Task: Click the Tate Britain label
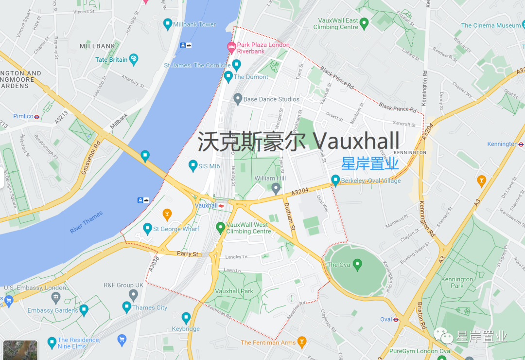click(111, 60)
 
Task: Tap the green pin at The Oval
click(358, 265)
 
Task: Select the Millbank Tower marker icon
click(168, 24)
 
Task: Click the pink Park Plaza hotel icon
click(232, 47)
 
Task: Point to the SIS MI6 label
click(209, 166)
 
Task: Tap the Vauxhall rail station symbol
click(222, 206)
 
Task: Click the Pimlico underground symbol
click(37, 117)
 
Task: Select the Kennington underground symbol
click(521, 144)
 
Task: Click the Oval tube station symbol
click(396, 320)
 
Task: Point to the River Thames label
click(86, 222)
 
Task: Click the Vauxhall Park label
click(234, 291)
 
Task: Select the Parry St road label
click(188, 254)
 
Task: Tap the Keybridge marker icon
click(186, 318)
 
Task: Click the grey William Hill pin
click(276, 188)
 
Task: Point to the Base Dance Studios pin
click(238, 99)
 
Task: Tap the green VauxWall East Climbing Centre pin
click(364, 23)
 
